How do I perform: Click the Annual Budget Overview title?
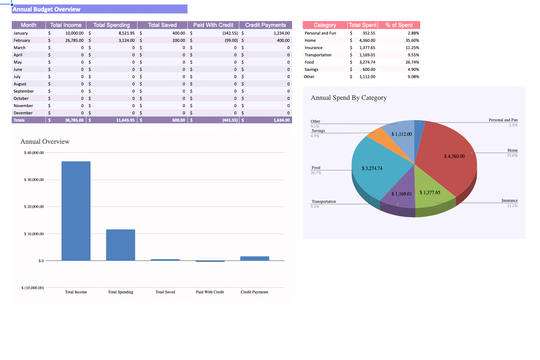[47, 9]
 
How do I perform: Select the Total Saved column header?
[162, 25]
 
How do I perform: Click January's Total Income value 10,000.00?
[74, 33]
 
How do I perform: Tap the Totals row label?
[19, 120]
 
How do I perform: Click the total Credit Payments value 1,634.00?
[281, 120]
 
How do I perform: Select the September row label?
[24, 91]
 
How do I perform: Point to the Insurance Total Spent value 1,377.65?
[367, 48]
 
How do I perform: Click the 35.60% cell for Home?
[412, 40]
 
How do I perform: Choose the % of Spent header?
[399, 25]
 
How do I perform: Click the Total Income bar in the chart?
[76, 211]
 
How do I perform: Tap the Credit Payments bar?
[254, 258]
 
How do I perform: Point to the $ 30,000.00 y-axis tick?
[34, 180]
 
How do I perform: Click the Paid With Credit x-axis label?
[210, 292]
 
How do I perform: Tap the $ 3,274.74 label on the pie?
[372, 168]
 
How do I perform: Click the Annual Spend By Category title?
[349, 98]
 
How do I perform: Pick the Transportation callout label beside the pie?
[324, 201]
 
